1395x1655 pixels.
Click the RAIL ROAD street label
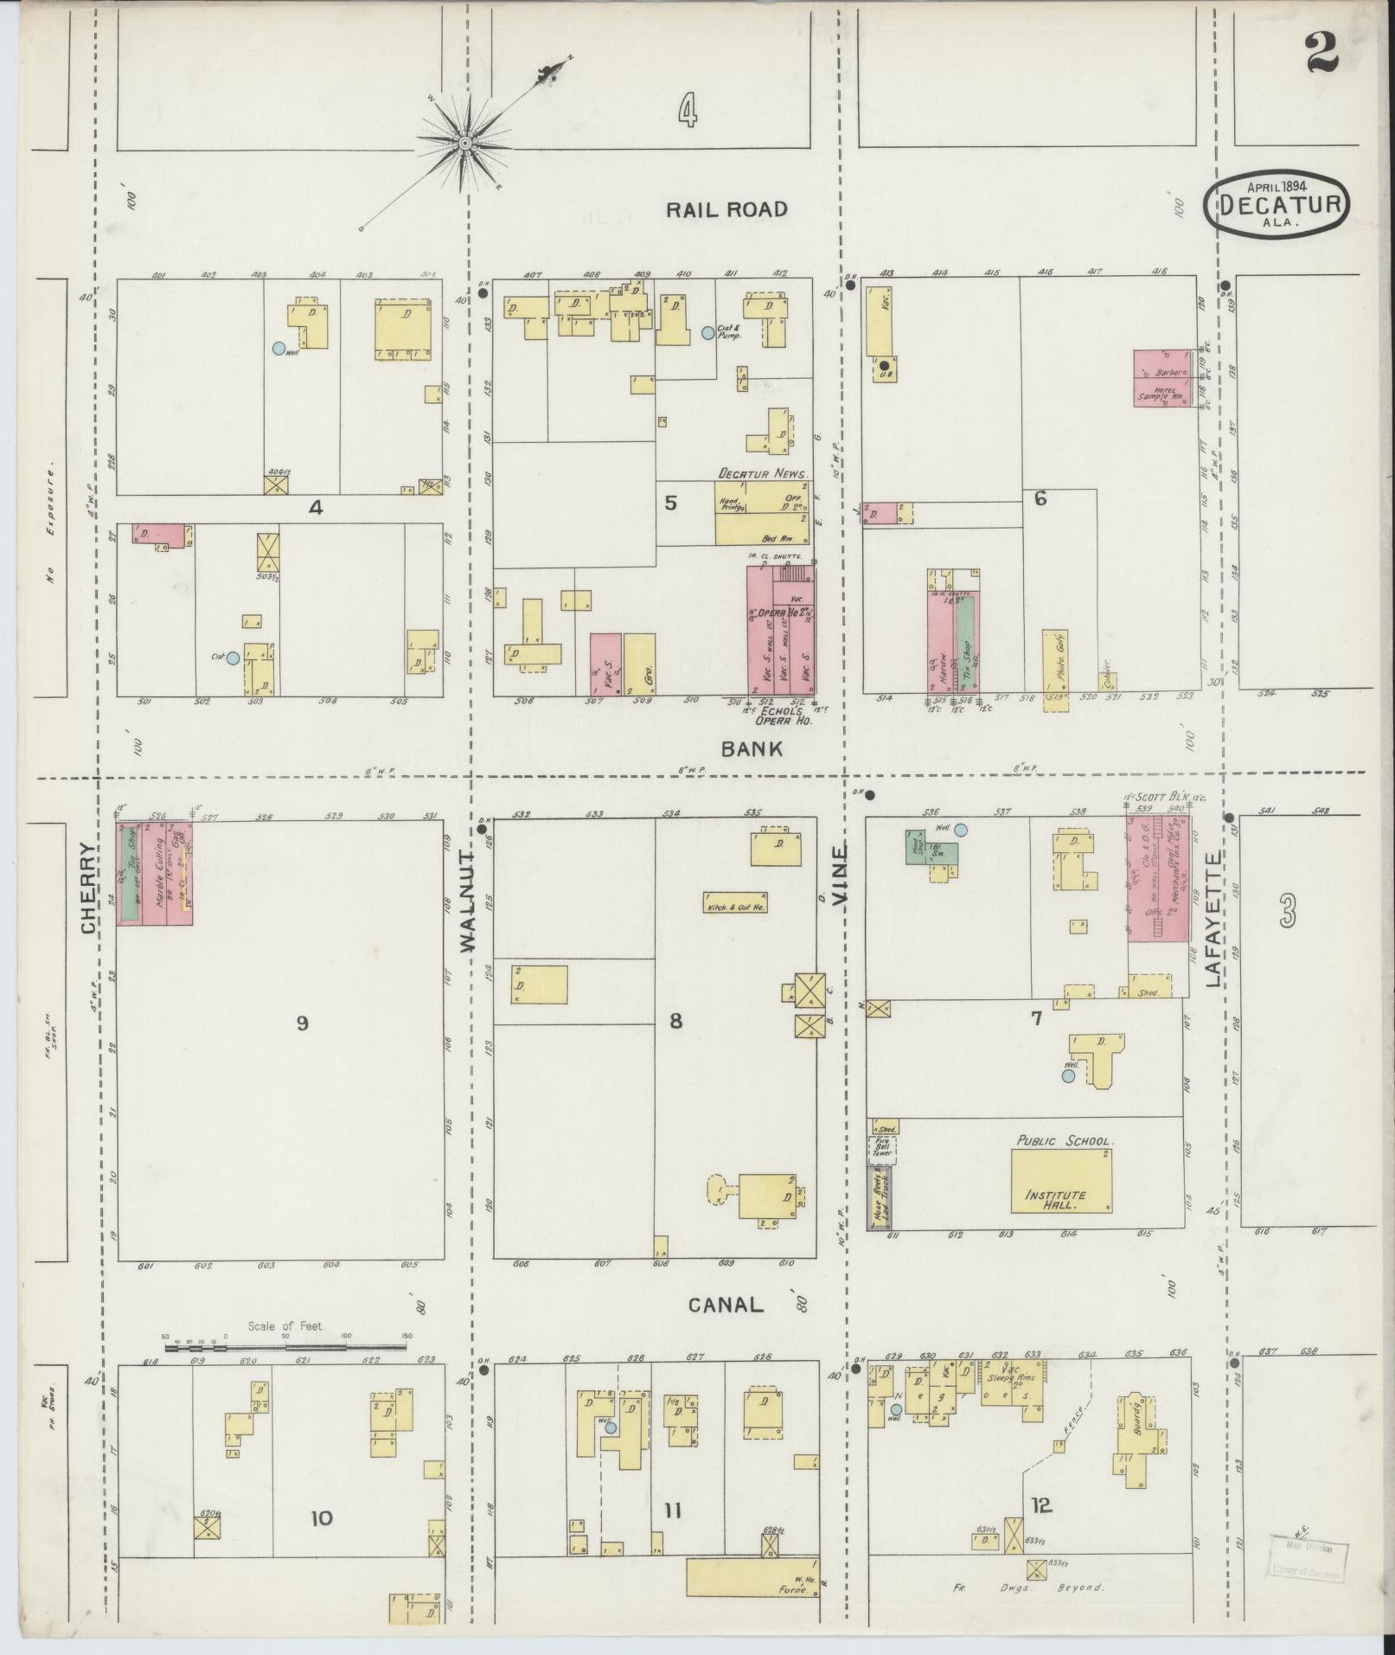(726, 209)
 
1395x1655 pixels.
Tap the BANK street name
(752, 749)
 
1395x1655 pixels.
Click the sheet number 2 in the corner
(1321, 53)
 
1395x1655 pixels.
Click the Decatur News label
(761, 474)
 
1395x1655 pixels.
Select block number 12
(1041, 1505)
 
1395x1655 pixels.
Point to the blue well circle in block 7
(1068, 1075)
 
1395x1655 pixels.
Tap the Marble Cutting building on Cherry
(160, 874)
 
